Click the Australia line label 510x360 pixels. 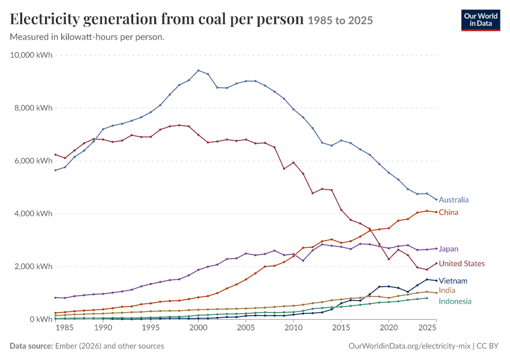454,200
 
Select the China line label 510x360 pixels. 449,212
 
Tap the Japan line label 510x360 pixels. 449,249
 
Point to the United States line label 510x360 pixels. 462,263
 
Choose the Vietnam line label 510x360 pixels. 453,281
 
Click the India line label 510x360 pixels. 447,290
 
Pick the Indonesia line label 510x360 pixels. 455,301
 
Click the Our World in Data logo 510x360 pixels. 481,20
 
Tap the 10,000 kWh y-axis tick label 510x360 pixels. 31,55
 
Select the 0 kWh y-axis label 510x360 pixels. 41,319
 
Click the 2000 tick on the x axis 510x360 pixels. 198,328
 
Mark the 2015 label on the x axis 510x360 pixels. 341,328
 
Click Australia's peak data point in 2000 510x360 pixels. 199,71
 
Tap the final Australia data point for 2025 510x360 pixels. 436,200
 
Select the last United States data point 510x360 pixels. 436,263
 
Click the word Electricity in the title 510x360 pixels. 45,19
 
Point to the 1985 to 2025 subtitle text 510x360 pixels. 340,20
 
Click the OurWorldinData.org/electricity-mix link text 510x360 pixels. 409,346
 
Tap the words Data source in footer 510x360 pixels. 31,346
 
